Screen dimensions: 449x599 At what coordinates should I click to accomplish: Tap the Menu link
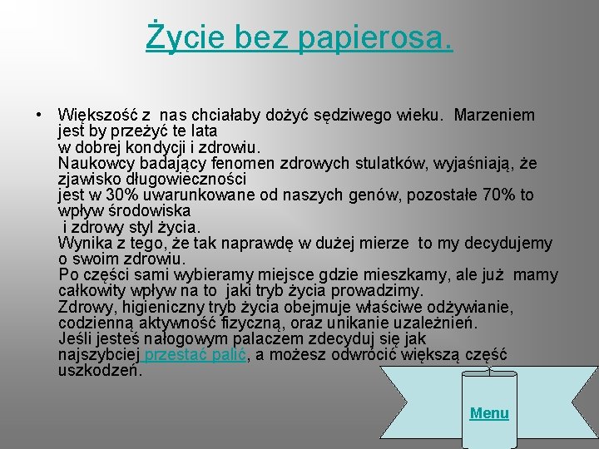tap(489, 413)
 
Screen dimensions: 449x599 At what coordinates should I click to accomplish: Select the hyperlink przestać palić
tap(193, 355)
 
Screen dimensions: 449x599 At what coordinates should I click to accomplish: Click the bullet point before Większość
tap(38, 115)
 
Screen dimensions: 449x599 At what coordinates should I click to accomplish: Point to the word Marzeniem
tap(495, 115)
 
